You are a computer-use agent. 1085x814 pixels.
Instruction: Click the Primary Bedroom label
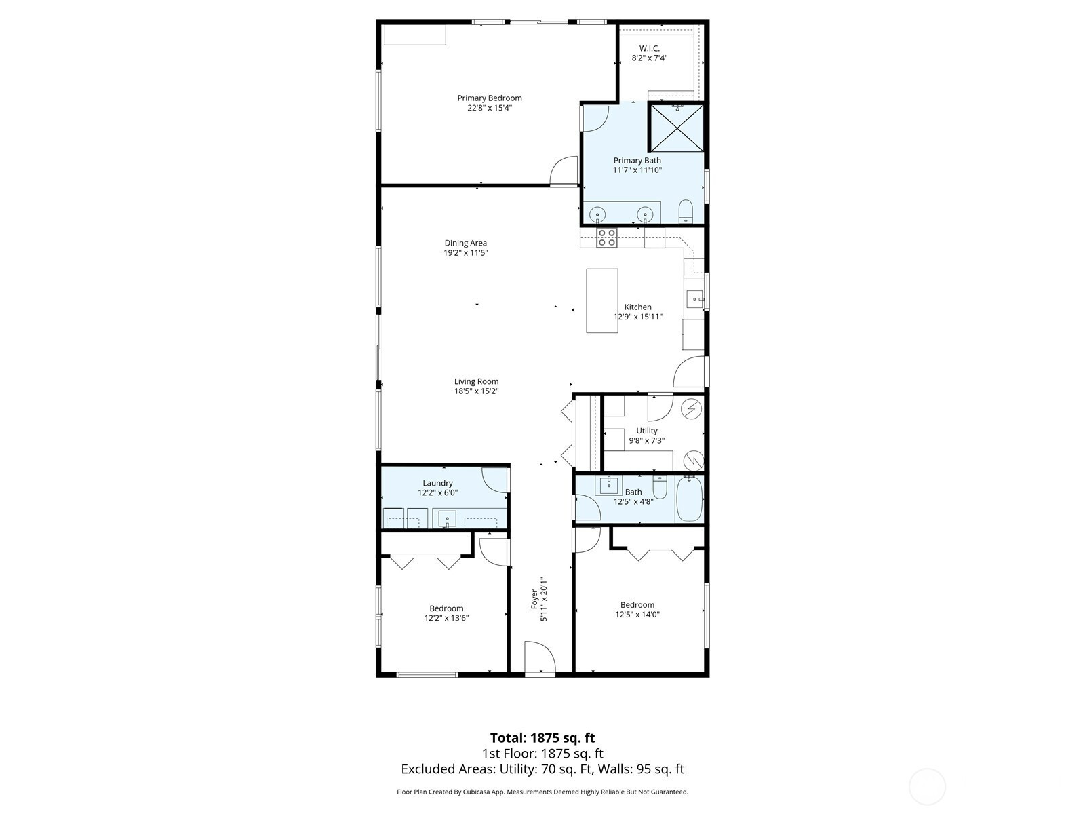pos(490,98)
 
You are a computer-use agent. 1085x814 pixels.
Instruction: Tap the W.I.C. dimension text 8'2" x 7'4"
pos(650,58)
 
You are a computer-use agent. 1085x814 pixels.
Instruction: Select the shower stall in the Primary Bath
pos(675,127)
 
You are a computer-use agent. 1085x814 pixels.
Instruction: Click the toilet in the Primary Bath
pos(686,212)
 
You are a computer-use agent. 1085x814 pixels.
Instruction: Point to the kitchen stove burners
pos(606,237)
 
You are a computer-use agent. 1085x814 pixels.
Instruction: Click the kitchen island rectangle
pos(602,301)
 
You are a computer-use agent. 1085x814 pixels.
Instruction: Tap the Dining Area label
pos(466,243)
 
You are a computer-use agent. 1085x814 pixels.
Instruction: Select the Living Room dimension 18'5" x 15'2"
pos(477,391)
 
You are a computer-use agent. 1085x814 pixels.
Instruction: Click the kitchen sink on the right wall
pos(696,299)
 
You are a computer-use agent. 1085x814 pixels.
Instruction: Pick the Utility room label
pos(646,431)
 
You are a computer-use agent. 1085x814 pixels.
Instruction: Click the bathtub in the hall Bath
pos(689,498)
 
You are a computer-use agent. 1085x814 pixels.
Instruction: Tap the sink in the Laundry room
pos(448,518)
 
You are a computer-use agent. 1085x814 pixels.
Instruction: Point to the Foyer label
pos(534,598)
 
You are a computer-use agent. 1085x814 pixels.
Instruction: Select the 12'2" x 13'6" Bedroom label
pos(446,608)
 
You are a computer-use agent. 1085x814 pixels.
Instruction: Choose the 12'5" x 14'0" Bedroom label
pos(637,605)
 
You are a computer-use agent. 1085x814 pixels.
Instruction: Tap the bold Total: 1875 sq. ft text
pos(542,738)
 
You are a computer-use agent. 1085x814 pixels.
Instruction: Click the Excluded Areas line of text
pos(542,769)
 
